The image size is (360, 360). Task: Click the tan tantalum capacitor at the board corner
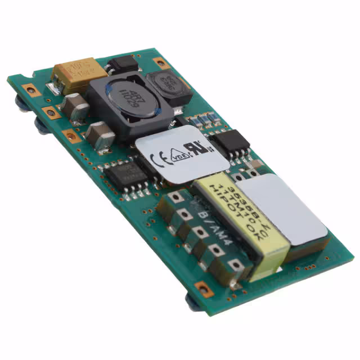(79, 76)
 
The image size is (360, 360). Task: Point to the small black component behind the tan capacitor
(121, 64)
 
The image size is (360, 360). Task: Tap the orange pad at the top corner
(160, 62)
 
